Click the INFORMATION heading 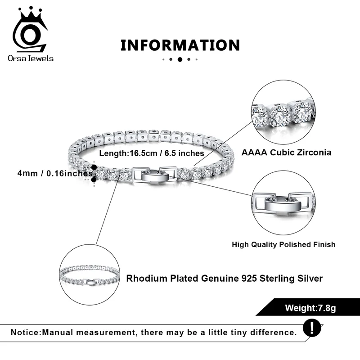(180, 45)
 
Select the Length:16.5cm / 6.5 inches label (152, 153)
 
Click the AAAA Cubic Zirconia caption (286, 152)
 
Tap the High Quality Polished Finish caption (283, 244)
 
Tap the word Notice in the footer (26, 332)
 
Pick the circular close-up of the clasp (283, 205)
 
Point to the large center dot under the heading (180, 59)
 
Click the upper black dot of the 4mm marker (94, 167)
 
